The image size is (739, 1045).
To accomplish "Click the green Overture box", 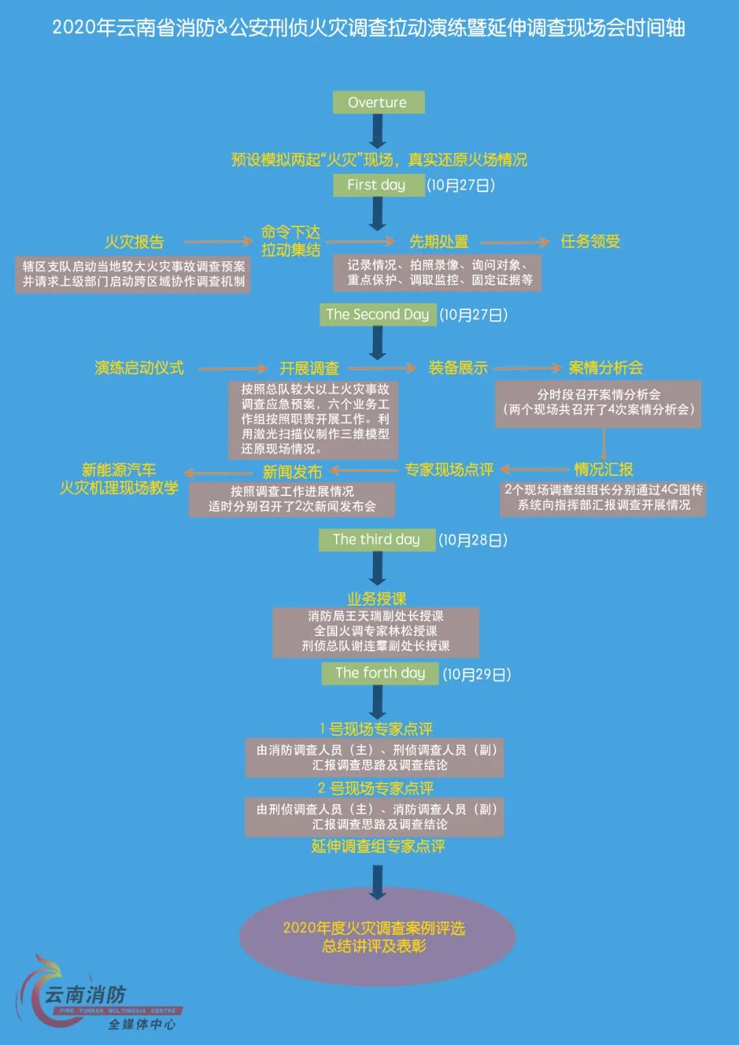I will [378, 103].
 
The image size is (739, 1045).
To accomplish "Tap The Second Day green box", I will [378, 315].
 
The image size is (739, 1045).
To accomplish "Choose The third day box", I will [377, 539].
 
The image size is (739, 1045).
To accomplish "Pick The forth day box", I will [380, 673].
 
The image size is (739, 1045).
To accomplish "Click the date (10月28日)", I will [474, 540].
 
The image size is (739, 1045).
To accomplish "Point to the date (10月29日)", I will [477, 674].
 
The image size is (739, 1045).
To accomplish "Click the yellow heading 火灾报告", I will [134, 242].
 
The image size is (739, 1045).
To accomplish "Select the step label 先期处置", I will [439, 242].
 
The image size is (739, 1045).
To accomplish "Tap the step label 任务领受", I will [591, 242].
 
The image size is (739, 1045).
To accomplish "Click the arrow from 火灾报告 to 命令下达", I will [218, 242].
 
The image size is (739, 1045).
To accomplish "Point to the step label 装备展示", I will [458, 368].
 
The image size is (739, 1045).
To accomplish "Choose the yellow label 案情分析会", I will [606, 368].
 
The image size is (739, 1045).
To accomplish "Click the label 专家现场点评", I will [449, 469].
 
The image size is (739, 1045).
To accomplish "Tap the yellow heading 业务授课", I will [376, 599].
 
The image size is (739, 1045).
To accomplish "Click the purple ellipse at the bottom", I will [377, 937].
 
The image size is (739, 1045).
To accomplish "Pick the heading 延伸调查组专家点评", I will [378, 847].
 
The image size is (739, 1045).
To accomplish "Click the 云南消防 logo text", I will [86, 994].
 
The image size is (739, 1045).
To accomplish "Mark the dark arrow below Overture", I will [378, 131].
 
